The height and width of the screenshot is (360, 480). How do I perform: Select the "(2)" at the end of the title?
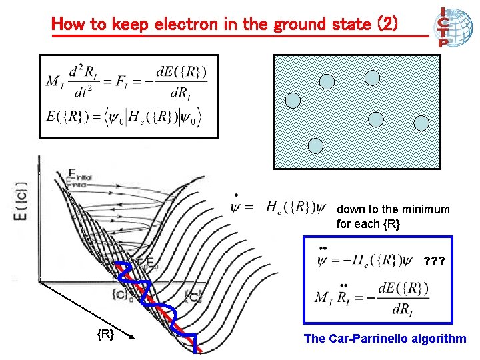[x=387, y=25]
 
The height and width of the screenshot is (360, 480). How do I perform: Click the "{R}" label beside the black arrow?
[x=105, y=333]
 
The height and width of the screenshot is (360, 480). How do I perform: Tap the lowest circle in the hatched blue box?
[x=315, y=147]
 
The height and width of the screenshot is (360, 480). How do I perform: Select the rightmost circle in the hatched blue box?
[x=421, y=123]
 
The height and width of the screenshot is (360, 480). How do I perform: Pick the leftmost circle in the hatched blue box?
[x=293, y=101]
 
